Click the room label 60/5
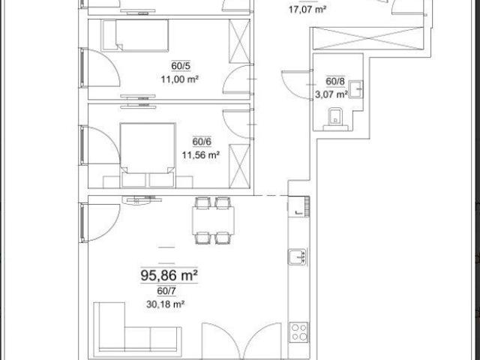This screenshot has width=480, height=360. click(x=181, y=66)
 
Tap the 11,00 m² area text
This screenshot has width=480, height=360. click(x=180, y=79)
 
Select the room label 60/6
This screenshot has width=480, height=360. click(x=202, y=142)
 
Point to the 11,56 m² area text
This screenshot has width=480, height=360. click(x=201, y=155)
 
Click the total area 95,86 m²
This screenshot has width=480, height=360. click(x=169, y=275)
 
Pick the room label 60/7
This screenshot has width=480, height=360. click(x=166, y=291)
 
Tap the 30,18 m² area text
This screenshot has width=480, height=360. click(x=165, y=304)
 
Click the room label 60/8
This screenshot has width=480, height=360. click(x=335, y=82)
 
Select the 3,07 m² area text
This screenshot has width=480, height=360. click(x=331, y=94)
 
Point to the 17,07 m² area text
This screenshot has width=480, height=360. click(x=307, y=10)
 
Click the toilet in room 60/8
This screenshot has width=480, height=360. click(x=335, y=119)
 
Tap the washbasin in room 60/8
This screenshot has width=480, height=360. click(x=356, y=89)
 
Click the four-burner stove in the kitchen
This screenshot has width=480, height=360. click(x=299, y=331)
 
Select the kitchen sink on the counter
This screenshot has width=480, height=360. click(x=297, y=256)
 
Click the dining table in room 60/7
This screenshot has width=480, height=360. click(x=213, y=220)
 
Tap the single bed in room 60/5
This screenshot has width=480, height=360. click(x=135, y=35)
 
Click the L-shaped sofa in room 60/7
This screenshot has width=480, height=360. click(x=137, y=327)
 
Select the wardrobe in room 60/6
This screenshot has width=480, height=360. click(x=239, y=166)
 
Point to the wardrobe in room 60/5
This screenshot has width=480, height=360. click(x=239, y=41)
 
